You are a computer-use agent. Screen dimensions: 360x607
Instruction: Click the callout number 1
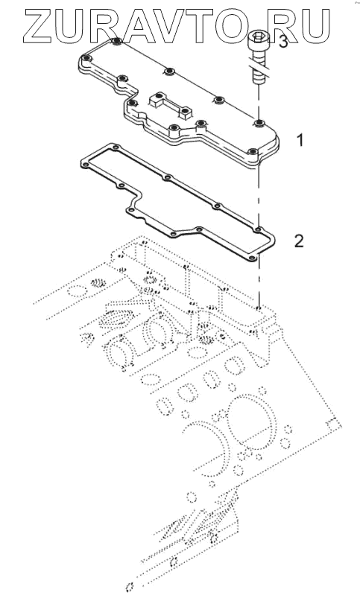[300, 140]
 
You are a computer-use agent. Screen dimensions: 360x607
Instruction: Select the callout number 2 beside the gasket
[299, 241]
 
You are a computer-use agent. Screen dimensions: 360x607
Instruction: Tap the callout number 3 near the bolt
[284, 42]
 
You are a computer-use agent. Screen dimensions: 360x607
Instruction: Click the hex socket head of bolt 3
[259, 39]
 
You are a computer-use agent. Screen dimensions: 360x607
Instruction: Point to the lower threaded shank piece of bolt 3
[259, 75]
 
